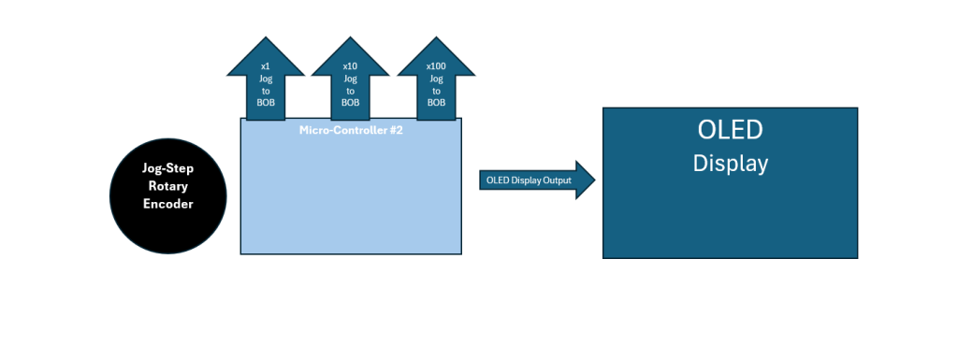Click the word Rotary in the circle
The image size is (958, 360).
pos(168,186)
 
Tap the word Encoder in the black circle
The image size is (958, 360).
pos(168,204)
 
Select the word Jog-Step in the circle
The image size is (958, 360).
pos(168,168)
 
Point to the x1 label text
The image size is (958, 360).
pos(266,66)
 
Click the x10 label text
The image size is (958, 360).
pos(350,66)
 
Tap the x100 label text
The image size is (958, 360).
pos(436,66)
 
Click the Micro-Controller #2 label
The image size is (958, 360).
pos(351,127)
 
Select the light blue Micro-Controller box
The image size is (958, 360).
pos(351,196)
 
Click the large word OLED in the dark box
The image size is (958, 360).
pos(730,130)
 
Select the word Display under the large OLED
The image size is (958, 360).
pos(730,163)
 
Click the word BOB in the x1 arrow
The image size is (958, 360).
pos(266,102)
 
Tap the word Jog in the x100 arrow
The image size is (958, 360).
pos(436,79)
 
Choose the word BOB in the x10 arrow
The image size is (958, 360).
pos(350,102)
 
